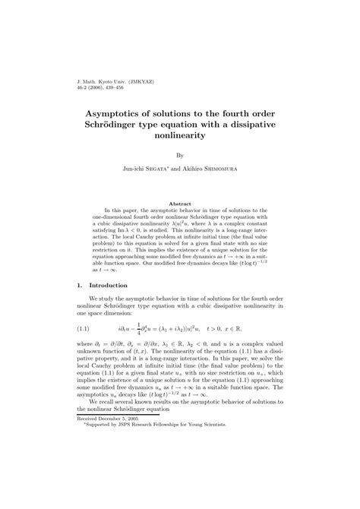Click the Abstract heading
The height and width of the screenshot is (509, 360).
pyautogui.click(x=179, y=204)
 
